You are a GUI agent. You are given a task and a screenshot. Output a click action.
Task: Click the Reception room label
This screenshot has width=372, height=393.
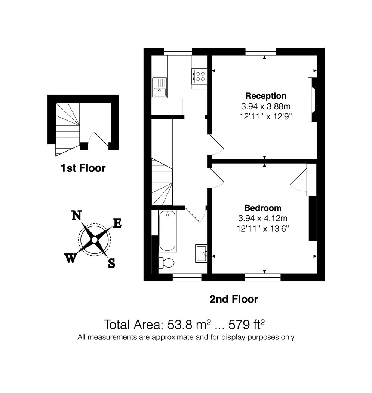pyautogui.click(x=265, y=96)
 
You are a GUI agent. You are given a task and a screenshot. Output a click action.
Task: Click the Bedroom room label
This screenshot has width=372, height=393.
pyautogui.click(x=262, y=208)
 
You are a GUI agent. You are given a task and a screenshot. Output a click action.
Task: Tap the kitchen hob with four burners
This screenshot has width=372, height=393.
pyautogui.click(x=199, y=76)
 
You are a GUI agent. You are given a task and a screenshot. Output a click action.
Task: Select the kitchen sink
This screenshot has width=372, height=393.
pyautogui.click(x=160, y=87)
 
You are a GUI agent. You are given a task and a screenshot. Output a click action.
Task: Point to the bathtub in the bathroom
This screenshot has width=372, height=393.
pyautogui.click(x=167, y=231)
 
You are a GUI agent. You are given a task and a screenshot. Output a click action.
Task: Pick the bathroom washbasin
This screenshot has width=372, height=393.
pyautogui.click(x=201, y=253)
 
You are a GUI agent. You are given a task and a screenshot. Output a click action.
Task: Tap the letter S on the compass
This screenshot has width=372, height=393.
pyautogui.click(x=112, y=263)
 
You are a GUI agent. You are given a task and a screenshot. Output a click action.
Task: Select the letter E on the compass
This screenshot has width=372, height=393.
pyautogui.click(x=117, y=223)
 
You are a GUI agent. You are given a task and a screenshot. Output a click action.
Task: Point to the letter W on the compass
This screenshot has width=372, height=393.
pyautogui.click(x=70, y=258)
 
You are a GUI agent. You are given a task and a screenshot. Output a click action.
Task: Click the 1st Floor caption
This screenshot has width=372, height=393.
pyautogui.click(x=83, y=168)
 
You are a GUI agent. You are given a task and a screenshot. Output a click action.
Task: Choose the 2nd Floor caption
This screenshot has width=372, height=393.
pyautogui.click(x=234, y=299)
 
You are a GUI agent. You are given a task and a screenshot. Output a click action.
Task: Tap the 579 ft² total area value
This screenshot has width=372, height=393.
pyautogui.click(x=247, y=325)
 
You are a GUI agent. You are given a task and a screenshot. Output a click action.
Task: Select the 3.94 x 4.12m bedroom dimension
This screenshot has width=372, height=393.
pyautogui.click(x=262, y=218)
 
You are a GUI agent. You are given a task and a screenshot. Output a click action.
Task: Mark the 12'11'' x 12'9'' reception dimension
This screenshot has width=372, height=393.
pyautogui.click(x=266, y=116)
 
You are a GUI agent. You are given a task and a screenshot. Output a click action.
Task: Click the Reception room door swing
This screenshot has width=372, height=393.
pyautogui.click(x=216, y=145)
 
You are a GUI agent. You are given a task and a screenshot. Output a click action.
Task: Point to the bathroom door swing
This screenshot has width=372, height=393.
pyautogui.click(x=196, y=214)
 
